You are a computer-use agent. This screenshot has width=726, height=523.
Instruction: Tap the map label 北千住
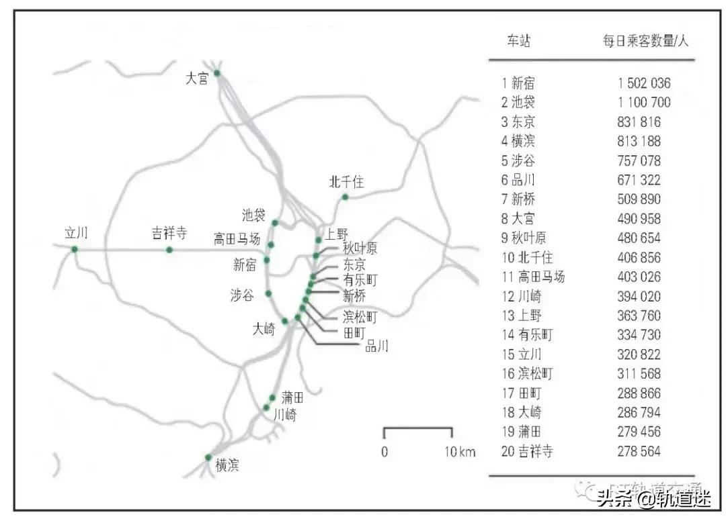346,182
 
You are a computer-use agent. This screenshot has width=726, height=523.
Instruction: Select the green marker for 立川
74,249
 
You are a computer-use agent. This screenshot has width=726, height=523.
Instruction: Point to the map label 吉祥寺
169,234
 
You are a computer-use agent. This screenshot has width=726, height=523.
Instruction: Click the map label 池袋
254,216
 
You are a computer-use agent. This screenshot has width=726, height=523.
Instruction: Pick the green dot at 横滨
208,457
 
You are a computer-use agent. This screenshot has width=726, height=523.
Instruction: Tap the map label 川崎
284,415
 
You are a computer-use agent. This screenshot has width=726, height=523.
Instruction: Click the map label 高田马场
237,239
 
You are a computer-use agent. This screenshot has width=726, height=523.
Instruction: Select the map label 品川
376,346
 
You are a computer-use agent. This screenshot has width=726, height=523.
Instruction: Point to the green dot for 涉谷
268,293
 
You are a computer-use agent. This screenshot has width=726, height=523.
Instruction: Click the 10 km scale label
459,452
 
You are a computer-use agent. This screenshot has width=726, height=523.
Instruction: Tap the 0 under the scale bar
385,452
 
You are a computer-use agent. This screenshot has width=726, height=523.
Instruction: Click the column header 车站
518,41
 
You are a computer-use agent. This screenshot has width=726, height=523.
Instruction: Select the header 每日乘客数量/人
645,41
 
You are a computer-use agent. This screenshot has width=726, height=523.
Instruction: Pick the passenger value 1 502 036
644,84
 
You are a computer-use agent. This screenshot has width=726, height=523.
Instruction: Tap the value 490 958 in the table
639,219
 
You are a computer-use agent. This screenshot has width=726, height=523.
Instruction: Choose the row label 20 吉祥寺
527,451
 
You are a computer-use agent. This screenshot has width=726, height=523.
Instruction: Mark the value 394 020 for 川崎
639,296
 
